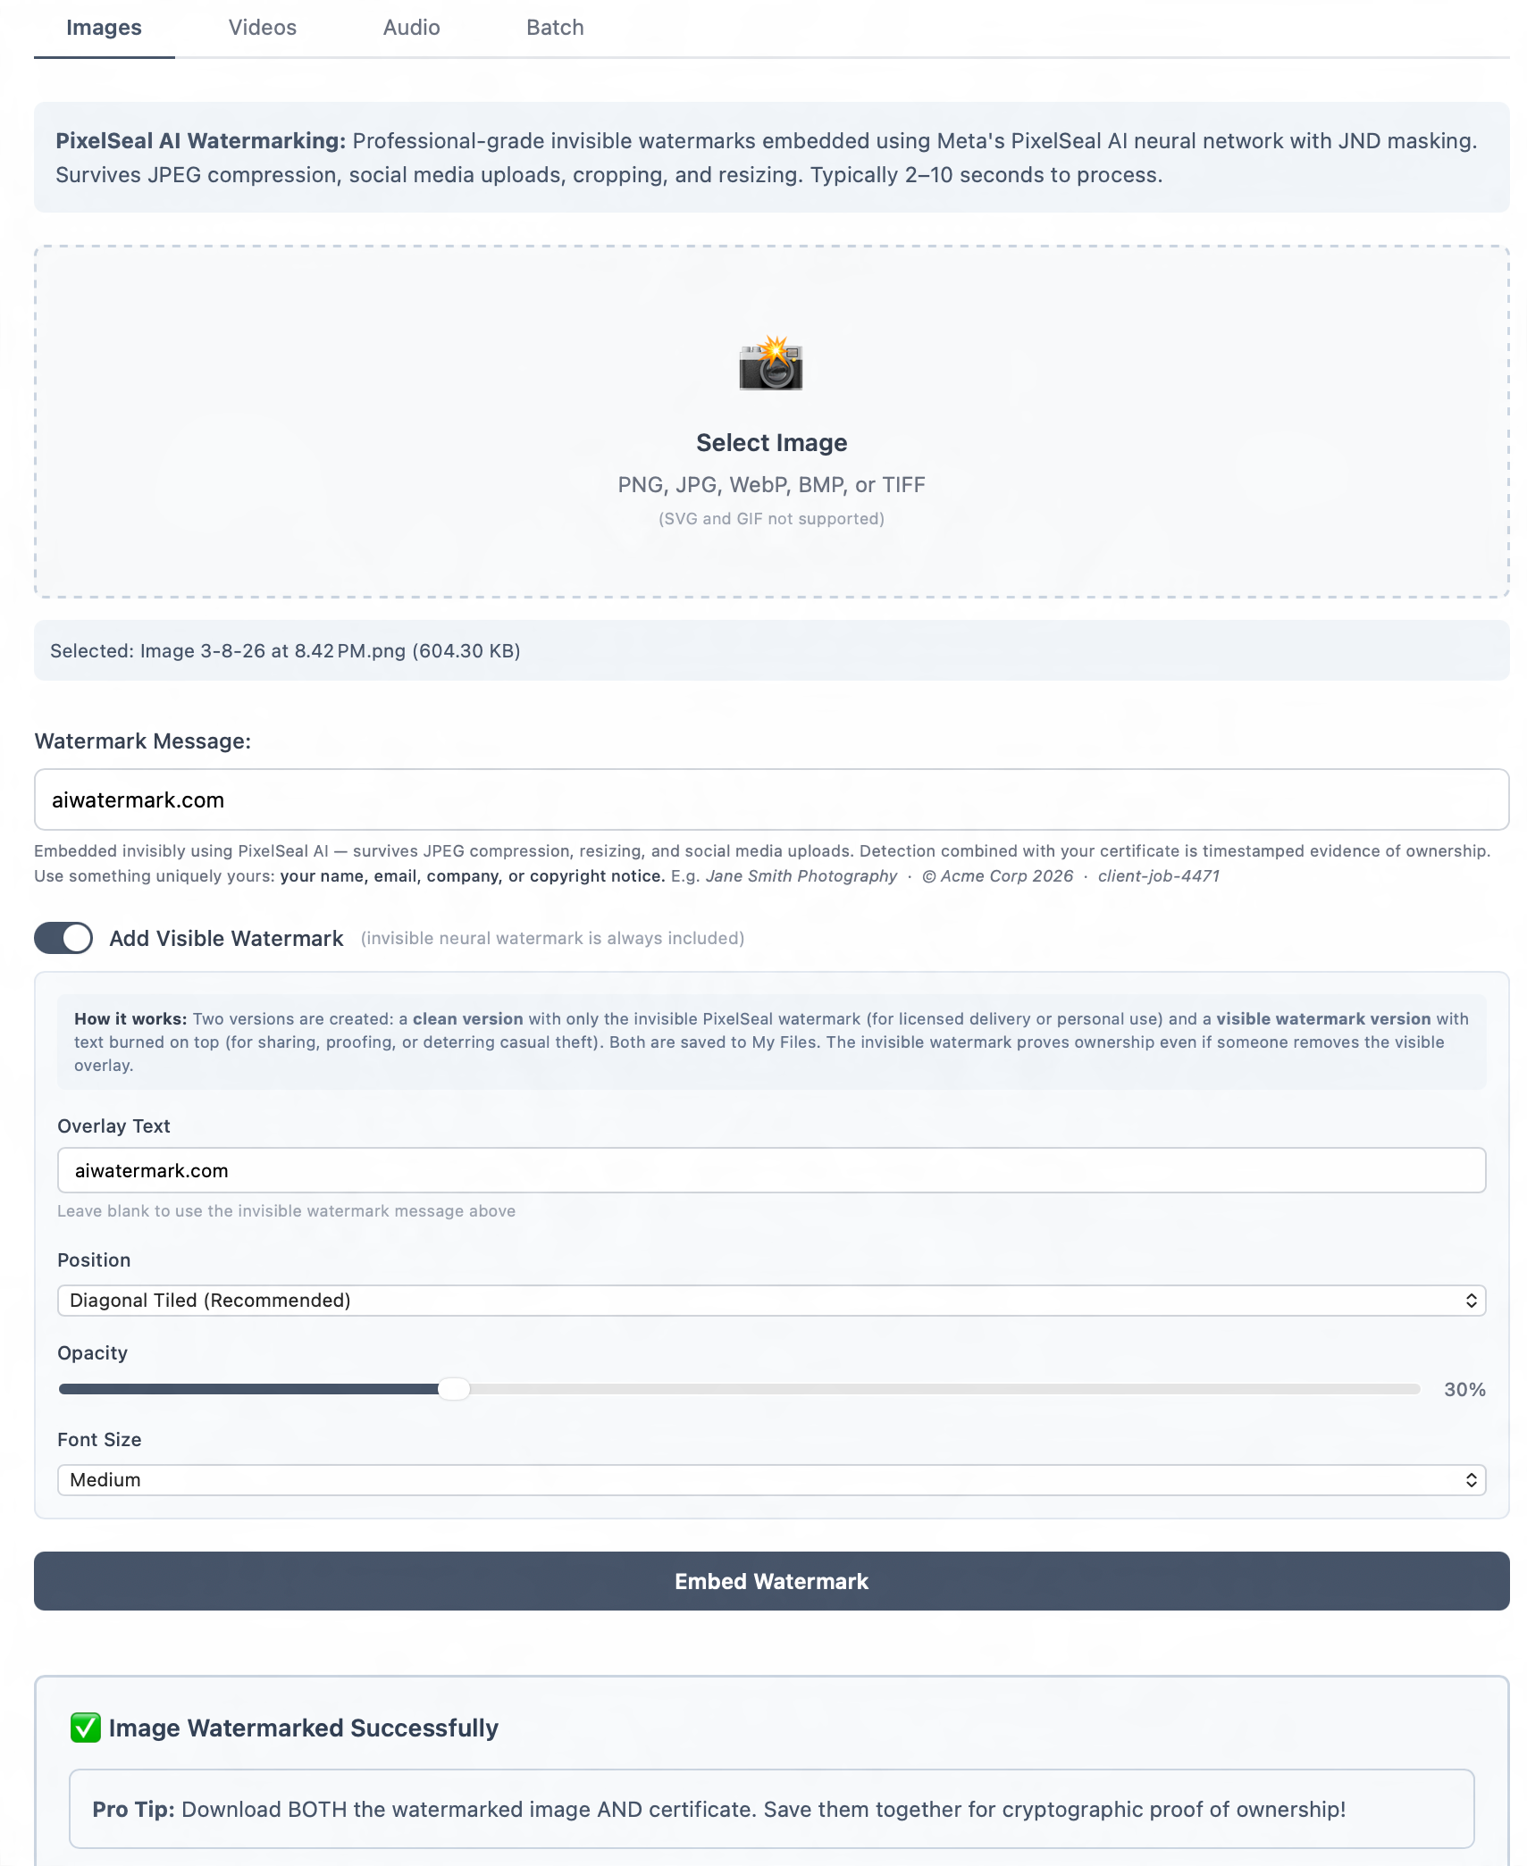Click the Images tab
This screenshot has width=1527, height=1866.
click(x=104, y=28)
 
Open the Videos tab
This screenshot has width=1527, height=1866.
click(x=262, y=28)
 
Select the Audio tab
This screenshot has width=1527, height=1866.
click(x=411, y=28)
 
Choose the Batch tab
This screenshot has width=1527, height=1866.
click(x=555, y=28)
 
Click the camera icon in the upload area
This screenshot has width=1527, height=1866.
click(x=771, y=364)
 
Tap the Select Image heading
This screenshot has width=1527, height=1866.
click(x=771, y=443)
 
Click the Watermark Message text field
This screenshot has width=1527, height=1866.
click(x=771, y=799)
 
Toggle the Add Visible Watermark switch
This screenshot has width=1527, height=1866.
click(x=63, y=938)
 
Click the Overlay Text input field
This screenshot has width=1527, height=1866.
click(x=771, y=1170)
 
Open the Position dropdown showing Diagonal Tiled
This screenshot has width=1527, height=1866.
click(x=771, y=1301)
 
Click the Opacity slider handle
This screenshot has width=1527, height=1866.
click(x=454, y=1389)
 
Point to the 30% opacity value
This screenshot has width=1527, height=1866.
click(x=1464, y=1390)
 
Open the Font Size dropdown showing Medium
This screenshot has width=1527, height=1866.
click(x=771, y=1480)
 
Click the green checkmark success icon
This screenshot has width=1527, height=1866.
click(x=86, y=1728)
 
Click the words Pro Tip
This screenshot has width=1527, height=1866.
click(x=133, y=1810)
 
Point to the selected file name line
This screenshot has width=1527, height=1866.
click(x=285, y=651)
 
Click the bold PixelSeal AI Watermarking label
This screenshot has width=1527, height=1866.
click(x=200, y=141)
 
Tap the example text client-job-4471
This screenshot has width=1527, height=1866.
click(x=1158, y=876)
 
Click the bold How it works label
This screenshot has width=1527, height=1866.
click(x=130, y=1019)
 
